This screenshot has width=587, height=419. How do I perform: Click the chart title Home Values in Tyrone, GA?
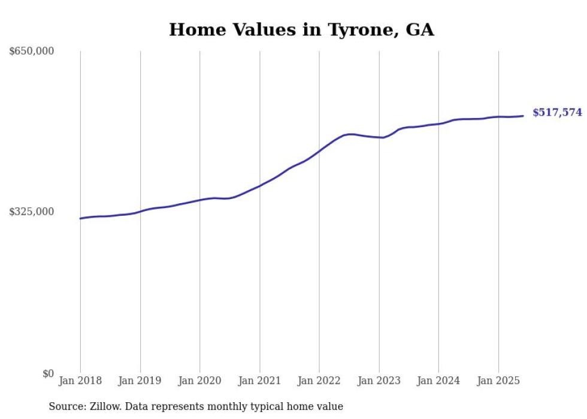[301, 30]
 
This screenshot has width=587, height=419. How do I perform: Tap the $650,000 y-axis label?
[32, 52]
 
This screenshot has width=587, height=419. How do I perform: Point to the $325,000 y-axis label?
[32, 212]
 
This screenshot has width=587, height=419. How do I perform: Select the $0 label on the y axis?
[48, 373]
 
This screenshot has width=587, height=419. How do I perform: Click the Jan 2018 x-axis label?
[80, 381]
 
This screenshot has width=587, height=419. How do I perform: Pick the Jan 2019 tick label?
[140, 381]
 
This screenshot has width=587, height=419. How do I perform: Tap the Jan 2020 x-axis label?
[199, 381]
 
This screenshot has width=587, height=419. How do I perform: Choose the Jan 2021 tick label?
[259, 381]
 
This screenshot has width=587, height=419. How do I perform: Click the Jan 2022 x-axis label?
[319, 381]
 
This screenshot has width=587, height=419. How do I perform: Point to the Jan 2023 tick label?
[379, 381]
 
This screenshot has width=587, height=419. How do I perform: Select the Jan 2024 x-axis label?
[438, 381]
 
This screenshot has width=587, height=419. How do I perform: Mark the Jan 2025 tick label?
[498, 381]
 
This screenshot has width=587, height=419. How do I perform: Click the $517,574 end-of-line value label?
[557, 113]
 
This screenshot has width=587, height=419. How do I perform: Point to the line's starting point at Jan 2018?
[80, 218]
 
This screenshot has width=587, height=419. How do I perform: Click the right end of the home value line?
[524, 116]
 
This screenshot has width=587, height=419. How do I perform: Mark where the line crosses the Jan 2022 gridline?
[319, 151]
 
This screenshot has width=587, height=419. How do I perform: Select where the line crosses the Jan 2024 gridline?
[438, 123]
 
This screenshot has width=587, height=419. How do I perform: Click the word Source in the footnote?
[65, 407]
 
